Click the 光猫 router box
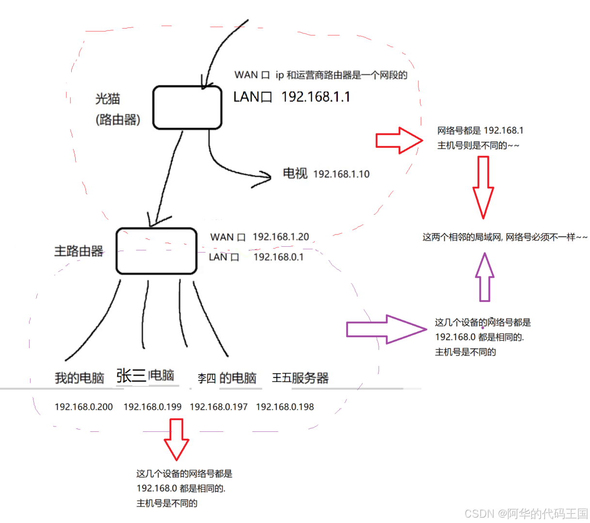tap(187, 108)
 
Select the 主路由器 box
tap(156, 251)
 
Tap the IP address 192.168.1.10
tap(341, 174)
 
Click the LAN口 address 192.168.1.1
tap(316, 97)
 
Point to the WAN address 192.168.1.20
tap(281, 237)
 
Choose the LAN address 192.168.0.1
tap(278, 257)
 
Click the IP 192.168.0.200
tap(83, 407)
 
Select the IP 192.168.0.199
tap(152, 407)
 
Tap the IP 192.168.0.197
tap(218, 407)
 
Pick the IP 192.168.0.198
tap(285, 407)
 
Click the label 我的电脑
tap(79, 378)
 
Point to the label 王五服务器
tap(300, 378)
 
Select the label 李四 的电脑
tap(227, 378)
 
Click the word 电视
tap(295, 174)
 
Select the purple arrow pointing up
tap(484, 278)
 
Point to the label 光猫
tap(107, 99)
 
